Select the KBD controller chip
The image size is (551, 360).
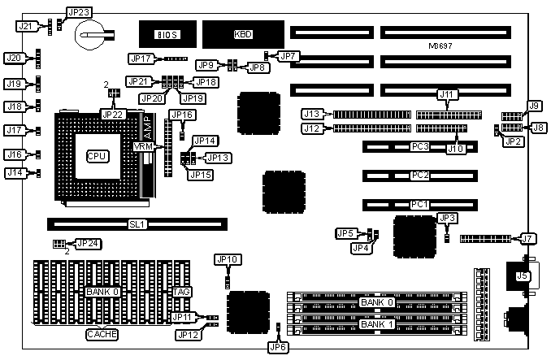tap(242, 33)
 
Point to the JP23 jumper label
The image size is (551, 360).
tap(79, 12)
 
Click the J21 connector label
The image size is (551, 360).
tap(26, 26)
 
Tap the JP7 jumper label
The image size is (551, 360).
tap(289, 56)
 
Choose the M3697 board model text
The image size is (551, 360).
tap(440, 46)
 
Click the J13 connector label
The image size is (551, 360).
tap(314, 113)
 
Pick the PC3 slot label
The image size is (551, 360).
tap(420, 147)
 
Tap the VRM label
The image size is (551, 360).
tap(144, 146)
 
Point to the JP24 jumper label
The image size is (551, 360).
tap(88, 243)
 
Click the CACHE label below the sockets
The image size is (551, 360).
tap(102, 333)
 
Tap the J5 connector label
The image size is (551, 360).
tap(522, 275)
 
